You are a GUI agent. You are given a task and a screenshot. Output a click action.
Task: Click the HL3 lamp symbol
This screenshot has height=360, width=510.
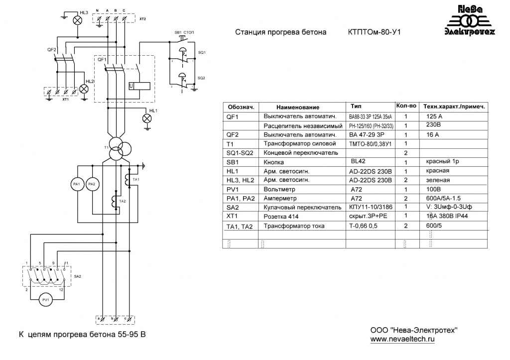pos(78,20)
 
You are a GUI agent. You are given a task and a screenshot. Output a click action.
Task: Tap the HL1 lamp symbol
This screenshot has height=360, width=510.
pos(147,118)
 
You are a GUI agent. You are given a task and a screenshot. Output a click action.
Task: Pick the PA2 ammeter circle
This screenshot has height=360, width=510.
pos(91,184)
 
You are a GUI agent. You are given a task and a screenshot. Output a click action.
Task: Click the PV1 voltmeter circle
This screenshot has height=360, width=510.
pos(46,300)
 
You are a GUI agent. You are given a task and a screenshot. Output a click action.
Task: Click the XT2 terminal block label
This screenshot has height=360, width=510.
pos(143,18)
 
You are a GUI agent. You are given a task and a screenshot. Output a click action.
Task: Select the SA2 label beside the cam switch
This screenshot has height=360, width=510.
pos(78,276)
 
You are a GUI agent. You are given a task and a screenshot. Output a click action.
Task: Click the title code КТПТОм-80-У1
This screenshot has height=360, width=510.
pos(374,33)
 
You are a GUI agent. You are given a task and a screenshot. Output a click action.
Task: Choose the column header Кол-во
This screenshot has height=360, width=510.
pos(405,106)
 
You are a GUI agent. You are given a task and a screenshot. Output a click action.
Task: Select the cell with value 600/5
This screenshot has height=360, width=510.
pos(434,226)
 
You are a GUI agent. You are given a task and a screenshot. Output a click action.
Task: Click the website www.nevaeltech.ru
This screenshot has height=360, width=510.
pos(402,339)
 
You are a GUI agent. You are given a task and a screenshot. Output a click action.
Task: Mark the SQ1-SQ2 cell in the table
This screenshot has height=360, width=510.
pos(240,152)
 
